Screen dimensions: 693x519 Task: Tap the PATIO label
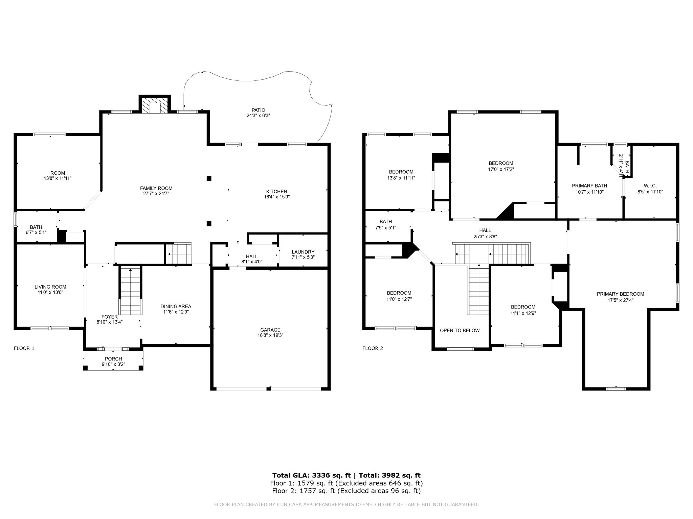(258, 110)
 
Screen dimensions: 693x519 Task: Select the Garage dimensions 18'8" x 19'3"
(270, 336)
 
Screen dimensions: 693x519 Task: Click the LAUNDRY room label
(303, 252)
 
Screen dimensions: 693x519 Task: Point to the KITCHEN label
(276, 192)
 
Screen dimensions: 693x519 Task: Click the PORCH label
(113, 359)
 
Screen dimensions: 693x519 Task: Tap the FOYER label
(110, 317)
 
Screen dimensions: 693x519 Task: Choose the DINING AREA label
(176, 306)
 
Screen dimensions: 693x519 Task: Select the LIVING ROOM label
(50, 287)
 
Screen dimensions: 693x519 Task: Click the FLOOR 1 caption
(24, 348)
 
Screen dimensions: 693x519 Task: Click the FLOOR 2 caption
(373, 348)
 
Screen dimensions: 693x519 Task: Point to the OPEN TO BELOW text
(460, 330)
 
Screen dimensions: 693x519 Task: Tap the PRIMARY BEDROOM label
(620, 294)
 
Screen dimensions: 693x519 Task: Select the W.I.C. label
(650, 186)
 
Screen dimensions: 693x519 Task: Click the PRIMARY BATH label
(589, 186)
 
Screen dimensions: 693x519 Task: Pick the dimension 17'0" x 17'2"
(501, 169)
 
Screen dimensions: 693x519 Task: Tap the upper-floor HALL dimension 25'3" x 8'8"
(485, 237)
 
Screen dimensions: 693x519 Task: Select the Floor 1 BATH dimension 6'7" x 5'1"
(36, 232)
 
